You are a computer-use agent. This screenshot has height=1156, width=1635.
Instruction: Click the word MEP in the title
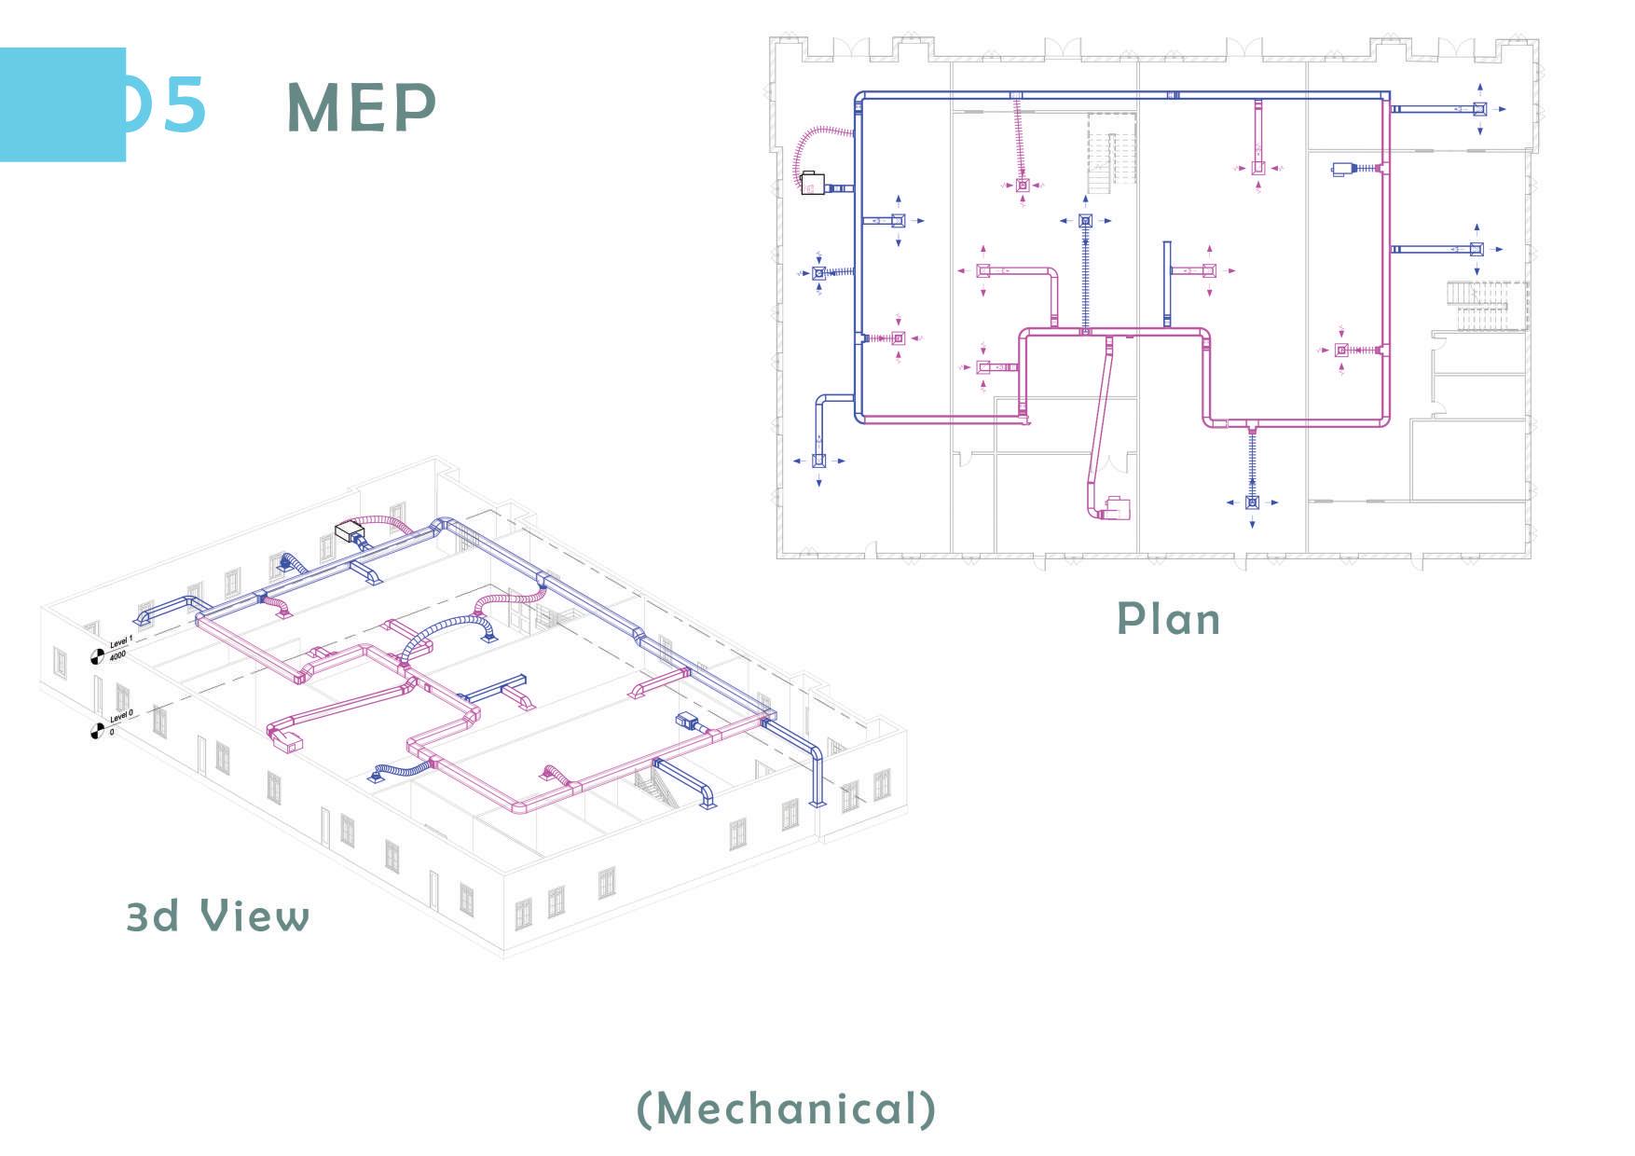tap(361, 107)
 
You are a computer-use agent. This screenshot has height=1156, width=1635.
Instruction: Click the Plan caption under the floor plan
tap(1168, 619)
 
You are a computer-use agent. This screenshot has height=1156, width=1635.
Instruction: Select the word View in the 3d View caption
tap(255, 916)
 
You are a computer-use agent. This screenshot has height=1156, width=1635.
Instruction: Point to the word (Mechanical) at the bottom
tap(786, 1108)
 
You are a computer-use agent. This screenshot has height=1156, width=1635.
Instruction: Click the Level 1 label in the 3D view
tap(121, 641)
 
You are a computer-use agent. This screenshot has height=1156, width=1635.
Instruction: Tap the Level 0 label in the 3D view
tap(121, 716)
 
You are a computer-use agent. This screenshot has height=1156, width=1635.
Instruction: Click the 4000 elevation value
tap(117, 656)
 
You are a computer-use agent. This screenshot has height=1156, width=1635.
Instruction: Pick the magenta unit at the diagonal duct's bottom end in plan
tap(1117, 508)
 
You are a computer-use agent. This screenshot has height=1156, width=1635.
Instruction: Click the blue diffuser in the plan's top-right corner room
tap(1479, 109)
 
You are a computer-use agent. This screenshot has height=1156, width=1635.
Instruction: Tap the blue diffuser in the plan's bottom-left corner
tap(819, 461)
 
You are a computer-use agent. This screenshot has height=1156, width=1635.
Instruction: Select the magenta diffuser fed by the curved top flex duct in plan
tap(1023, 186)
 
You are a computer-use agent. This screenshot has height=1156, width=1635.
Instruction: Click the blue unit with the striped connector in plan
tap(1343, 169)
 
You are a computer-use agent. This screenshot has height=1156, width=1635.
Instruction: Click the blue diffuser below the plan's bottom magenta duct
tap(1252, 502)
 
